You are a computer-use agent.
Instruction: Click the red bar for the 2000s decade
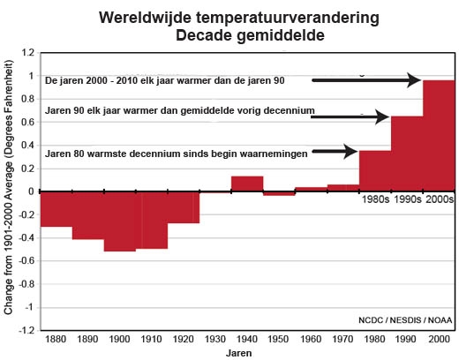[x=439, y=136]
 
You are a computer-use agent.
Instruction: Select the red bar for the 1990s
[x=407, y=154]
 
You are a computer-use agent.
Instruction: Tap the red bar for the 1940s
[x=247, y=184]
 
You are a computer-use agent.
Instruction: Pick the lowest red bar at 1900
[x=120, y=221]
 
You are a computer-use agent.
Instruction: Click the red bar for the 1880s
[x=56, y=209]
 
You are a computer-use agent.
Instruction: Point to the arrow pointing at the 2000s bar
[x=366, y=80]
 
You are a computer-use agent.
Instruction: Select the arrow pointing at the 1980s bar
[x=335, y=152]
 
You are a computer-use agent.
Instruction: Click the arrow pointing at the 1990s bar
[x=350, y=117]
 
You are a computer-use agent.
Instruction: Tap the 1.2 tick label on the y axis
[x=27, y=53]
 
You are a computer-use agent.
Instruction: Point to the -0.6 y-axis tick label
[x=26, y=261]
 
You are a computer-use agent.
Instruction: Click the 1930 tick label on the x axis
[x=215, y=339]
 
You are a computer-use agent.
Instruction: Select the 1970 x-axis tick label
[x=342, y=339]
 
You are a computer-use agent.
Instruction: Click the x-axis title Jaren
[x=238, y=353]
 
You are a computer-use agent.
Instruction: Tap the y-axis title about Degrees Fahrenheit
[x=9, y=187]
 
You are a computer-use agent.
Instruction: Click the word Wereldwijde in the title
[x=146, y=18]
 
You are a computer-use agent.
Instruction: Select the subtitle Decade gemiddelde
[x=250, y=35]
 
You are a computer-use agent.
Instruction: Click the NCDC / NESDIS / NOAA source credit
[x=405, y=320]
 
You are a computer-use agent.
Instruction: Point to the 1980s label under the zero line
[x=375, y=199]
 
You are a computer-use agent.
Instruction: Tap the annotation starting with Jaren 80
[x=177, y=154]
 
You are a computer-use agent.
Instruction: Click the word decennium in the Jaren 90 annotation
[x=289, y=110]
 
